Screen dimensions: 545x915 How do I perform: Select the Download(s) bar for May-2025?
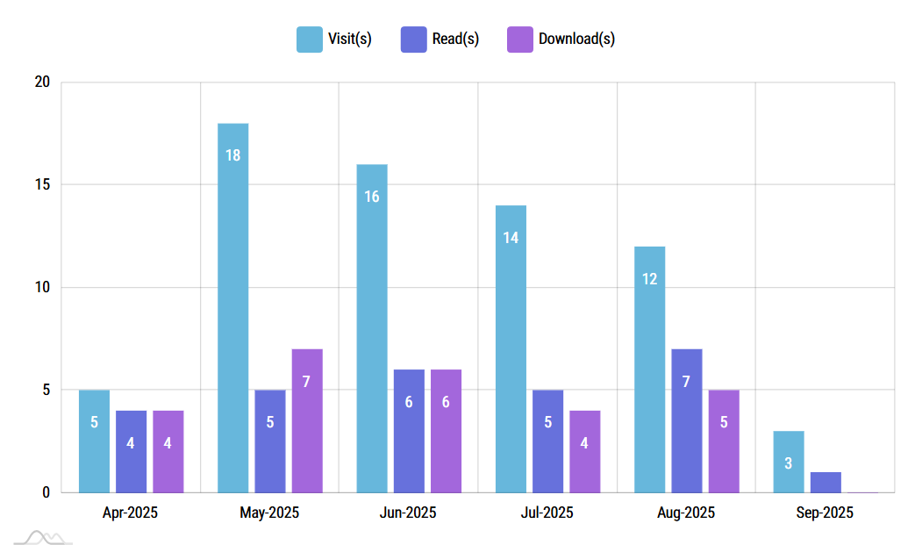(x=307, y=420)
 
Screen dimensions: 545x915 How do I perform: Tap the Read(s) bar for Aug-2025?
(x=687, y=420)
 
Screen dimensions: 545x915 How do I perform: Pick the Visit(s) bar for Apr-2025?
(x=94, y=441)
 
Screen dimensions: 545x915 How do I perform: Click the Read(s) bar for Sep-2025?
(x=826, y=483)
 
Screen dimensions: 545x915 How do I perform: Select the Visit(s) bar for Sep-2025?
(x=789, y=462)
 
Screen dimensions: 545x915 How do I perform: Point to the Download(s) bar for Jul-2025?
(x=584, y=451)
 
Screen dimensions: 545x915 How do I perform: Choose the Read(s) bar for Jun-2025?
(x=409, y=431)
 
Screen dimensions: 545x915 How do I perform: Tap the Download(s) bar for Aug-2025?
(x=724, y=441)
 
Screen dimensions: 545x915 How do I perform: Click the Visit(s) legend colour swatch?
(x=310, y=39)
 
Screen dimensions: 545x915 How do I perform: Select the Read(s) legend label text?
(x=455, y=39)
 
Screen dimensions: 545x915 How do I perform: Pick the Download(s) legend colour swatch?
(x=520, y=39)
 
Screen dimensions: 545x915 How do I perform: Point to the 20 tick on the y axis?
(x=42, y=82)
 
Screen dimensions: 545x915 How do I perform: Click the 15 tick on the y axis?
(x=42, y=185)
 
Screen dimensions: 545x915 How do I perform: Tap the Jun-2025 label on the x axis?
(x=408, y=513)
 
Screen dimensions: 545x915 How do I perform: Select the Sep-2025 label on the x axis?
(x=825, y=513)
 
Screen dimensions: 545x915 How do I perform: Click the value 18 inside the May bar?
(x=233, y=155)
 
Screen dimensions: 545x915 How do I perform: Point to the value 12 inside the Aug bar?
(x=650, y=279)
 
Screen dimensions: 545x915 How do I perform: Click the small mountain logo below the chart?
(x=44, y=535)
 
